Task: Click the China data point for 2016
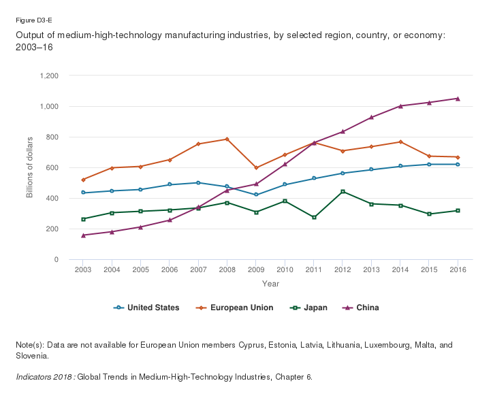point(458,99)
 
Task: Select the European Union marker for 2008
point(227,139)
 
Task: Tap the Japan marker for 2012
point(343,191)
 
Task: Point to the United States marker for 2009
point(256,195)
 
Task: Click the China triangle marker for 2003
point(83,235)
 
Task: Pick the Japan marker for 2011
point(314,217)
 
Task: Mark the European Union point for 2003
point(83,180)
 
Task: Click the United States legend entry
point(146,308)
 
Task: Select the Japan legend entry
point(308,308)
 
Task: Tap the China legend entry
point(361,308)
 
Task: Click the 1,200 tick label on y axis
point(49,76)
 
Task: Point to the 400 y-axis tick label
point(52,198)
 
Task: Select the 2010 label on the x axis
point(285,270)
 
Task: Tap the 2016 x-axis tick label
point(458,270)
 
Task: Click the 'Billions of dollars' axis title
point(29,167)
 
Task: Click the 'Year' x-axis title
point(270,284)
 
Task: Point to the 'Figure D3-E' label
point(33,20)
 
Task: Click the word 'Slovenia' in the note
point(31,356)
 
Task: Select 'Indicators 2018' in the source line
point(44,377)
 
